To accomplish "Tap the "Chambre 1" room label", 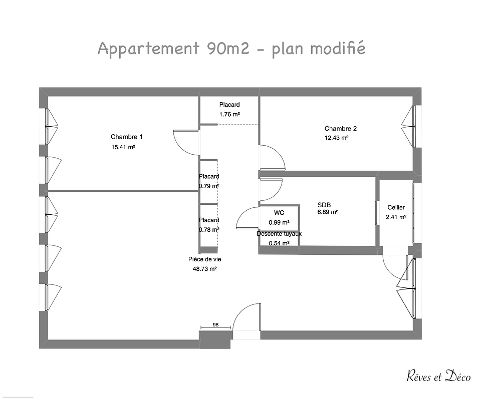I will click(127, 137).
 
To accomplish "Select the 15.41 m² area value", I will click(124, 147).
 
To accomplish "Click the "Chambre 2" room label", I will click(340, 129).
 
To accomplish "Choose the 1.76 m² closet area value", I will click(229, 114).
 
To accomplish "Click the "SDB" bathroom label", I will click(324, 205).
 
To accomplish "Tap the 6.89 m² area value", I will click(328, 212).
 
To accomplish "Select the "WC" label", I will click(279, 213).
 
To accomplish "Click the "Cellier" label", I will click(396, 207).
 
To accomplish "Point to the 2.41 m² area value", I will click(396, 217).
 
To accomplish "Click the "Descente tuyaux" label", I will click(279, 234).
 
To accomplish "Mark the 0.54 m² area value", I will click(279, 243).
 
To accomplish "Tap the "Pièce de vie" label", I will click(204, 259).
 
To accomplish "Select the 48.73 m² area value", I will click(204, 269).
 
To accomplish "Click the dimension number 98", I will click(215, 324).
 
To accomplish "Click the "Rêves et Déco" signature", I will click(438, 377).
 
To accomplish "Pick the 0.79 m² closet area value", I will click(208, 186).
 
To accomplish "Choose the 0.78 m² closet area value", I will click(208, 230).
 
